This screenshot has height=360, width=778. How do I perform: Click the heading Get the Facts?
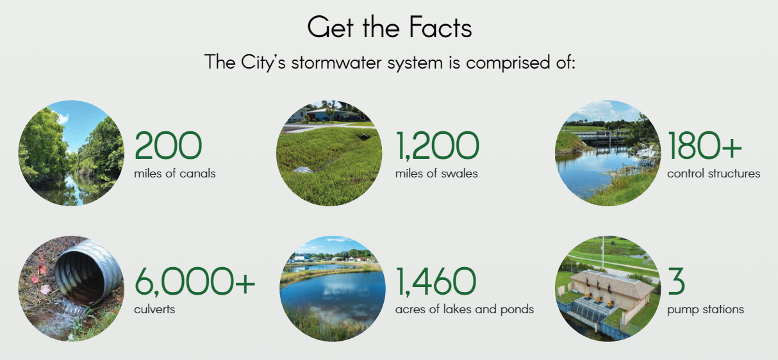[x=390, y=27]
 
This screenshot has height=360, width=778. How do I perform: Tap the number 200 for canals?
[x=168, y=145]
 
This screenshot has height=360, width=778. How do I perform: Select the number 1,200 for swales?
[x=437, y=146]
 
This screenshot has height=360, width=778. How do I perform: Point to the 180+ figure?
[x=704, y=145]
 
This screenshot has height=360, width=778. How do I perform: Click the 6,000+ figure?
[x=195, y=281]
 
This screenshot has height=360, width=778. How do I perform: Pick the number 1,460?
[x=436, y=282]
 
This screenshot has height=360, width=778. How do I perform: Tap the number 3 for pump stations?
[x=676, y=281]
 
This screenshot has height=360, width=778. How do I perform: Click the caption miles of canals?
[x=175, y=173]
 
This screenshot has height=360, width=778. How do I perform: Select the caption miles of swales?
[x=436, y=173]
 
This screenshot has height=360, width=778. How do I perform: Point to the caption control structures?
[x=714, y=173]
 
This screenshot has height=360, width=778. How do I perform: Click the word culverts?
[x=154, y=309]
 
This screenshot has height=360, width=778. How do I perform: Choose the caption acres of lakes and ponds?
[x=465, y=309]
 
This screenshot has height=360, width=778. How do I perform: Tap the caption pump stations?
[x=706, y=309]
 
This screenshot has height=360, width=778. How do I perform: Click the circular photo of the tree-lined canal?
[x=71, y=153]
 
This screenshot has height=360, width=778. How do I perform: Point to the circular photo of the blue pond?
[x=333, y=289]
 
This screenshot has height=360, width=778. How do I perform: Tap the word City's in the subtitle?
[x=263, y=63]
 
